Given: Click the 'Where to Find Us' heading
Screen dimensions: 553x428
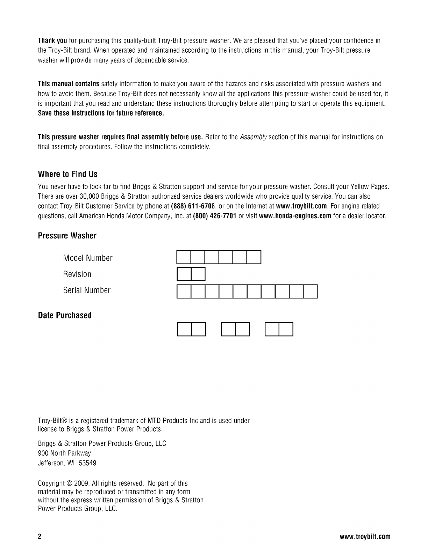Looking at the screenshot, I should click(x=67, y=174).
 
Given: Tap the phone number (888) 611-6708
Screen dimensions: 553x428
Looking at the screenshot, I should click(x=193, y=206).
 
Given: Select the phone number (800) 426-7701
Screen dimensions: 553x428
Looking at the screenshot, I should click(x=215, y=216).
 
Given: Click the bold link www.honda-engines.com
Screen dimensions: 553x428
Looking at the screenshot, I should click(x=295, y=216).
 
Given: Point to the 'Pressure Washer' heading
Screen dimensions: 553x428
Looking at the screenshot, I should click(x=67, y=236).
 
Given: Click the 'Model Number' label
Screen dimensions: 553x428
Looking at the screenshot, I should click(x=88, y=258).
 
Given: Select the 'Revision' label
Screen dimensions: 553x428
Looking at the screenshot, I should click(x=77, y=274).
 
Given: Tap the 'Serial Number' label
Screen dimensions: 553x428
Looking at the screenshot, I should click(x=87, y=290).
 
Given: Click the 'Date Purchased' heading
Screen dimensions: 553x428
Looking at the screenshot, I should click(x=65, y=315).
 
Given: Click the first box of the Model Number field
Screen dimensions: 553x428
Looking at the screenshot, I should click(x=184, y=257).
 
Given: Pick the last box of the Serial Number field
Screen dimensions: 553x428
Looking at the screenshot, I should click(x=310, y=292).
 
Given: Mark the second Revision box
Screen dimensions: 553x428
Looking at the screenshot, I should click(x=198, y=274).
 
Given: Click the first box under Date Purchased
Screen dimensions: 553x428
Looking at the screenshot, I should click(x=185, y=330).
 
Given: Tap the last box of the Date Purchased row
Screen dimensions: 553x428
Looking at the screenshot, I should click(x=286, y=330).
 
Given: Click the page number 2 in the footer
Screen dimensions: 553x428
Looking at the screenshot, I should click(x=40, y=537).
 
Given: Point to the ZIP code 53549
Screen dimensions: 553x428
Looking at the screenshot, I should click(x=88, y=463).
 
